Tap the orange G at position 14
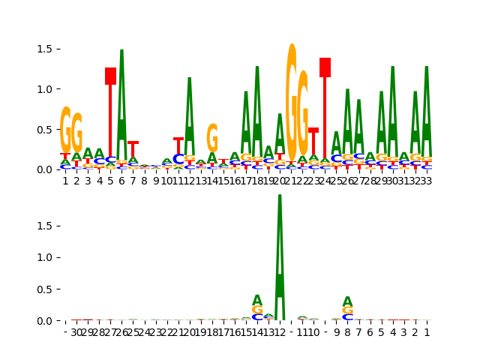click(x=212, y=138)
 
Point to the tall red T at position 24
click(x=325, y=105)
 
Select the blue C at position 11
click(x=178, y=159)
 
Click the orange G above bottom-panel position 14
click(x=257, y=310)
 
